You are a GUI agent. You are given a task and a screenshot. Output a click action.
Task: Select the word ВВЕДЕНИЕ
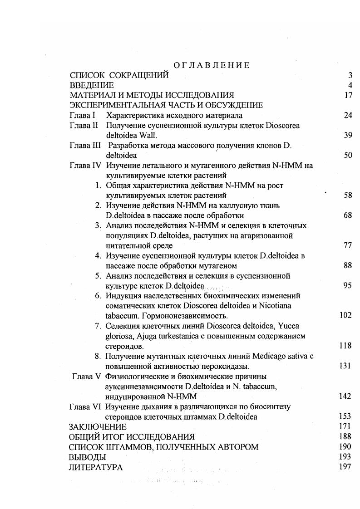point(92,85)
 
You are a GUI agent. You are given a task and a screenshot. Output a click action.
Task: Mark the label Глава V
point(86,377)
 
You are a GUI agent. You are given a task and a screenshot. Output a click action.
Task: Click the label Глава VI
point(85,406)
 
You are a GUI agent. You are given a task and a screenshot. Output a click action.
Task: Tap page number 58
point(348,196)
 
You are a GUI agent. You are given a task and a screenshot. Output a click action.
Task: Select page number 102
point(345,316)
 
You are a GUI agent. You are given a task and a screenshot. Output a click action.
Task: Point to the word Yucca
point(288,326)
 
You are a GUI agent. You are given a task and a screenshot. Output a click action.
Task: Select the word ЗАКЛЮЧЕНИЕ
point(98,427)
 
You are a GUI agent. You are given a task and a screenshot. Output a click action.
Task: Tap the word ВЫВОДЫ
point(87,457)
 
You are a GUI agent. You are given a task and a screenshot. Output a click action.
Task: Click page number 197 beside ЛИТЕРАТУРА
point(345,467)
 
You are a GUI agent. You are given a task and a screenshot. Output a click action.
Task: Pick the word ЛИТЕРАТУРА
point(95,467)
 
